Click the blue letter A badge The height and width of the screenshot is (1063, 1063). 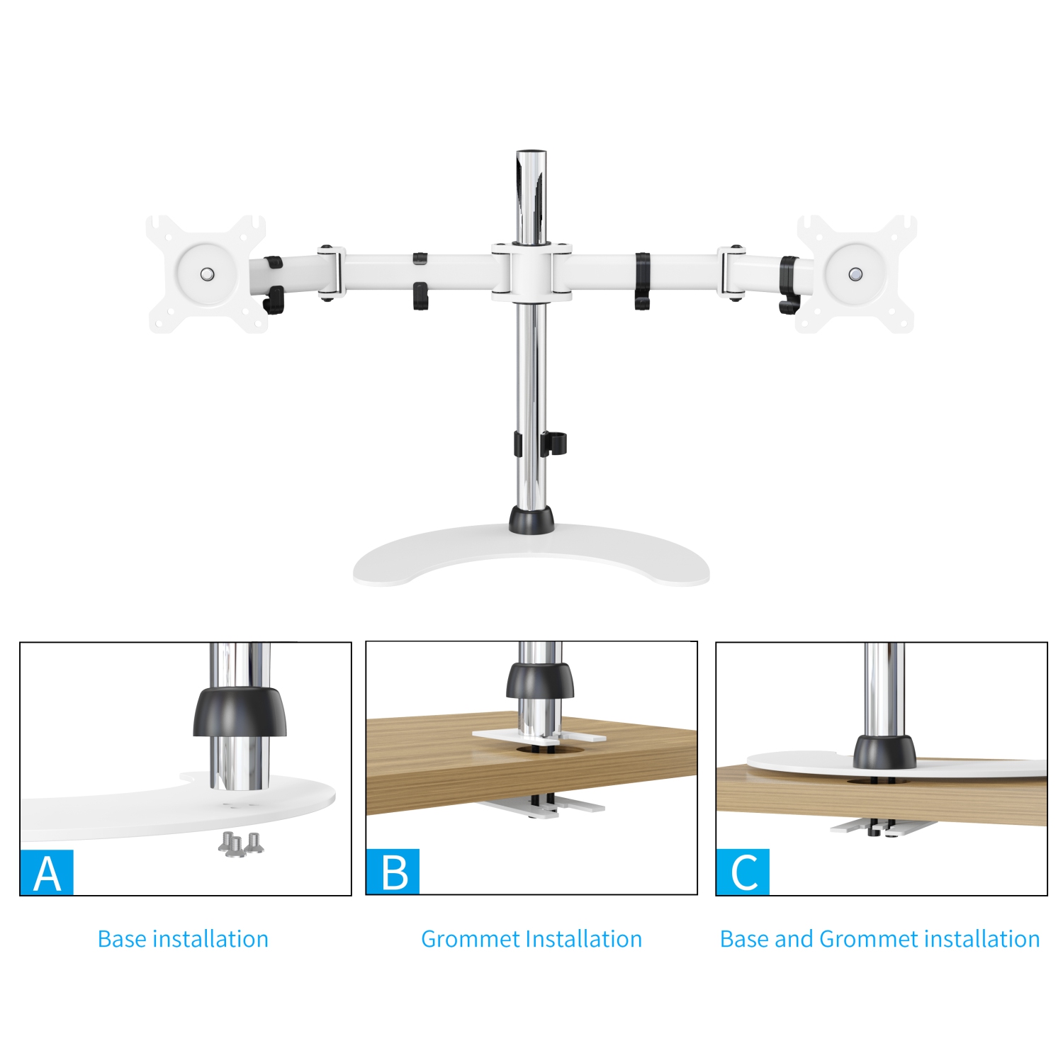coord(47,872)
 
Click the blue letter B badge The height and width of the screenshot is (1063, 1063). coord(393,872)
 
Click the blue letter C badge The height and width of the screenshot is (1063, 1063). coord(743,872)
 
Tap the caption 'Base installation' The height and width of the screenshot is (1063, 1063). coord(183,939)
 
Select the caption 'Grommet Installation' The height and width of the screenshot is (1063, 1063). coord(531,939)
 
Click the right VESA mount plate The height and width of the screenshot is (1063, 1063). coord(856,274)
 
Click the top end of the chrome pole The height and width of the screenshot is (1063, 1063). coord(531,156)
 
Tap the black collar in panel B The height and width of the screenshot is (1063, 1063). coord(540,680)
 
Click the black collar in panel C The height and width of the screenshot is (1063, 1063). coord(884,753)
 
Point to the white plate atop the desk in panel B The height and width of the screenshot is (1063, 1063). coord(496,736)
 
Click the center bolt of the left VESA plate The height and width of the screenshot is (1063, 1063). coord(207,274)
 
